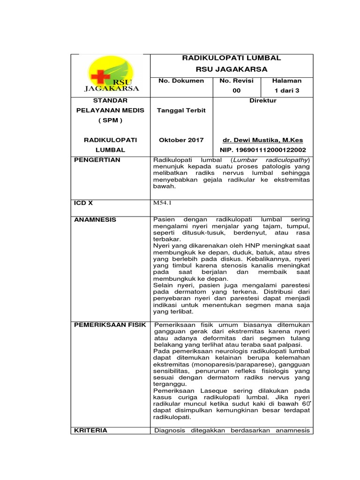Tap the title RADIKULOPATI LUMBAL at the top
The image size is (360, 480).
[x=231, y=58]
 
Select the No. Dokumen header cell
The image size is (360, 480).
[x=181, y=81]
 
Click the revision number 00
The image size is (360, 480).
[x=237, y=90]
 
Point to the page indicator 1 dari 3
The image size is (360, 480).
[x=287, y=90]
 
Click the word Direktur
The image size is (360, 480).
[x=263, y=101]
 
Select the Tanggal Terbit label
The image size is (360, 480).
[x=181, y=110]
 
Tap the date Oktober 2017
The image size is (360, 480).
[x=181, y=140]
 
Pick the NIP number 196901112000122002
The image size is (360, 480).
[x=263, y=150]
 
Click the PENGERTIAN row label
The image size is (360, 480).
[x=97, y=160]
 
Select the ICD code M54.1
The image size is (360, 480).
[x=161, y=203]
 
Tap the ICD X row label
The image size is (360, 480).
[x=84, y=203]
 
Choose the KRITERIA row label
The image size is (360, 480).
[x=91, y=430]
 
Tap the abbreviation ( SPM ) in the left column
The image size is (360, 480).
[x=110, y=120]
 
